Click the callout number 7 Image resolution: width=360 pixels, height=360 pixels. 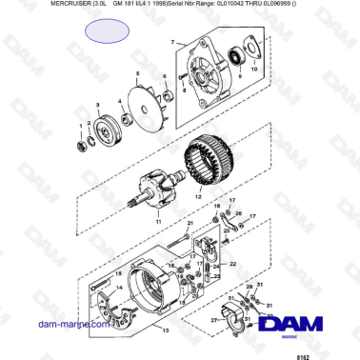(172, 44)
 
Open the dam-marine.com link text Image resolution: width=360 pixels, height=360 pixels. (56, 325)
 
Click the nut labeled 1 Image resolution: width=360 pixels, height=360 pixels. (82, 144)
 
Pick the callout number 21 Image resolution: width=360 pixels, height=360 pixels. (190, 223)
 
